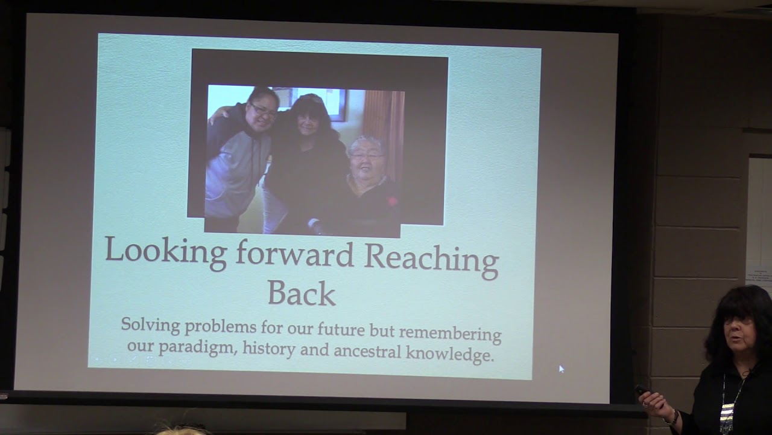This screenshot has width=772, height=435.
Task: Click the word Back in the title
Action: pyautogui.click(x=301, y=293)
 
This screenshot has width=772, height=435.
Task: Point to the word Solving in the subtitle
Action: pyautogui.click(x=150, y=326)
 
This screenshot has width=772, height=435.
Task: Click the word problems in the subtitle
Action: pyautogui.click(x=221, y=327)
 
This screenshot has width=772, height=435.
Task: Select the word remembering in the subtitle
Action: pyautogui.click(x=450, y=333)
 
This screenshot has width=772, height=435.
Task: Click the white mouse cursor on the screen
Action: pyautogui.click(x=562, y=369)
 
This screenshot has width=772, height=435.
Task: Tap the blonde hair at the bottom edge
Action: pyautogui.click(x=181, y=430)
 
